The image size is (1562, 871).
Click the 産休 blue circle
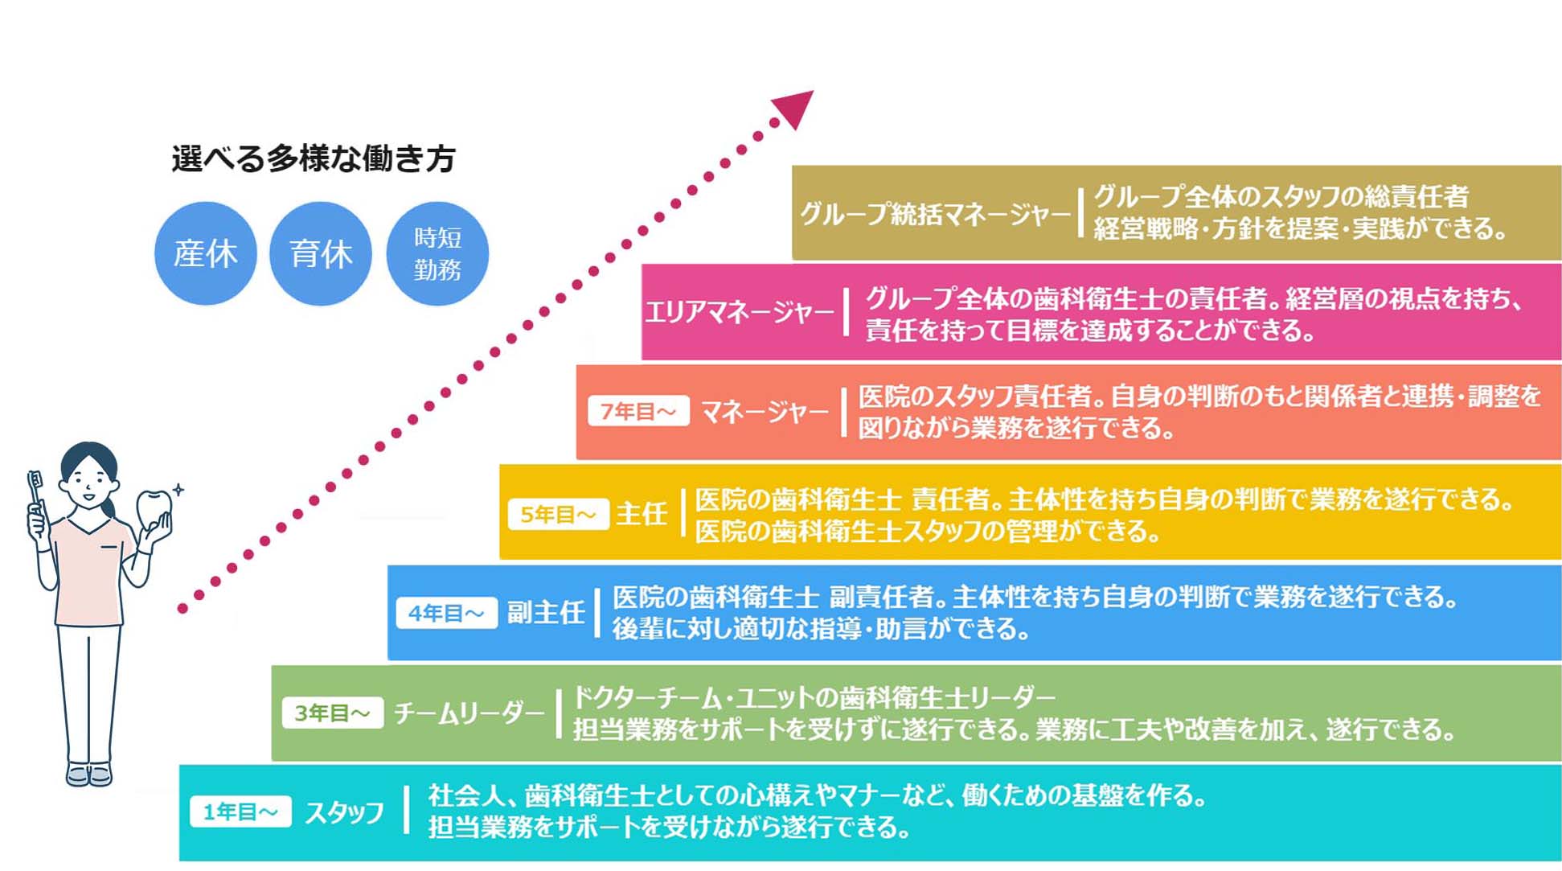tap(206, 253)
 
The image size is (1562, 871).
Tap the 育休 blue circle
tap(321, 253)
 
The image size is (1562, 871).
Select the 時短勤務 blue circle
tap(437, 253)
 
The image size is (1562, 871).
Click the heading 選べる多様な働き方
tap(314, 158)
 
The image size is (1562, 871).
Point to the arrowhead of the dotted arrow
tap(794, 108)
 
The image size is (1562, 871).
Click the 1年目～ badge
tap(240, 811)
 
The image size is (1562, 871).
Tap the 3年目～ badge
tap(332, 713)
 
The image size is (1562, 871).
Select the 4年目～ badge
tap(446, 613)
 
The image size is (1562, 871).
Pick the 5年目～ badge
tap(558, 514)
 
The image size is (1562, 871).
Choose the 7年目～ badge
tap(638, 411)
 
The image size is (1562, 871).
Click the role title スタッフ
tap(345, 812)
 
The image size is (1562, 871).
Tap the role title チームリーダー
tap(469, 713)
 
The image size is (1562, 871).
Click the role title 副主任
tap(545, 613)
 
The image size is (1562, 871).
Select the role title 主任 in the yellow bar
tap(642, 513)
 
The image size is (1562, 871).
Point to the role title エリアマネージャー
tap(740, 311)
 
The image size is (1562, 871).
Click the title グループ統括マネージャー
tap(935, 214)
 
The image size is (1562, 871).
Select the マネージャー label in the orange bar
tap(765, 412)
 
